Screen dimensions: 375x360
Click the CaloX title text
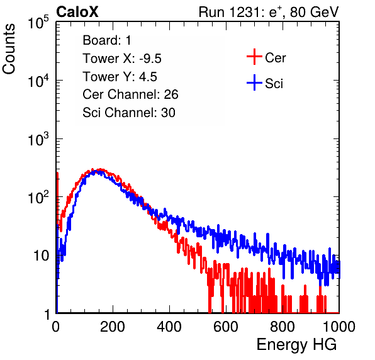click(77, 12)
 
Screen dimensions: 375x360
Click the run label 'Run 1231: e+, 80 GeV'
click(269, 12)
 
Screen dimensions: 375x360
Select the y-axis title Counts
click(9, 48)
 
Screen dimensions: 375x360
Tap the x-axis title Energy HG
click(296, 344)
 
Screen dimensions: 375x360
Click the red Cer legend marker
click(254, 57)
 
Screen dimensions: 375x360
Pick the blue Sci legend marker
click(254, 83)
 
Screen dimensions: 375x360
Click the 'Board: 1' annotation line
click(107, 40)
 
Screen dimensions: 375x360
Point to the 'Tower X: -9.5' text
click(122, 59)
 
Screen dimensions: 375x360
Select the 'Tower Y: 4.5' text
click(120, 77)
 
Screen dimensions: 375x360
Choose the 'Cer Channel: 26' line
click(130, 94)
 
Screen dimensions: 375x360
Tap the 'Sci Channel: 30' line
click(129, 113)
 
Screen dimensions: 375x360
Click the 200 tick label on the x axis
click(113, 326)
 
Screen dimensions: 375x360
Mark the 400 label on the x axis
click(169, 326)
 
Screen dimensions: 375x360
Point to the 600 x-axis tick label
click(226, 326)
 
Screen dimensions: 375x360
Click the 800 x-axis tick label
click(283, 326)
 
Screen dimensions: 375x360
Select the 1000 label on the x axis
click(339, 326)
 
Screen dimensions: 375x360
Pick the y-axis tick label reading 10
click(42, 256)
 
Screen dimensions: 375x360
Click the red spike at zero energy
click(57, 198)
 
